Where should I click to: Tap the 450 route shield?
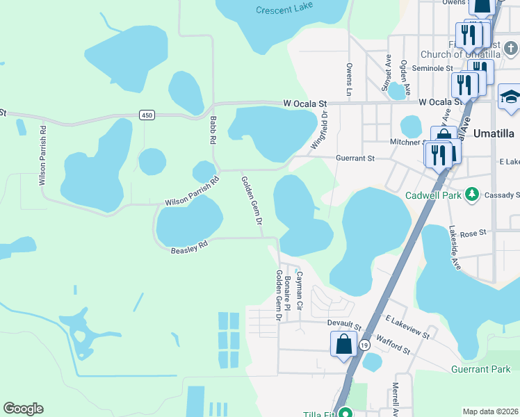(146, 115)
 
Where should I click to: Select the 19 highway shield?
(364, 345)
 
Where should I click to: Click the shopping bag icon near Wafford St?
(343, 345)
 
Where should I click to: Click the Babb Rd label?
(213, 130)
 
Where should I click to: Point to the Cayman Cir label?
(300, 290)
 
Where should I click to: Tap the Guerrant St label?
(355, 158)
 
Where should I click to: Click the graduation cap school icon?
(510, 97)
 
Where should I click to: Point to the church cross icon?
(511, 49)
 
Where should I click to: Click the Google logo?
(23, 409)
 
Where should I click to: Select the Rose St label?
(473, 234)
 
